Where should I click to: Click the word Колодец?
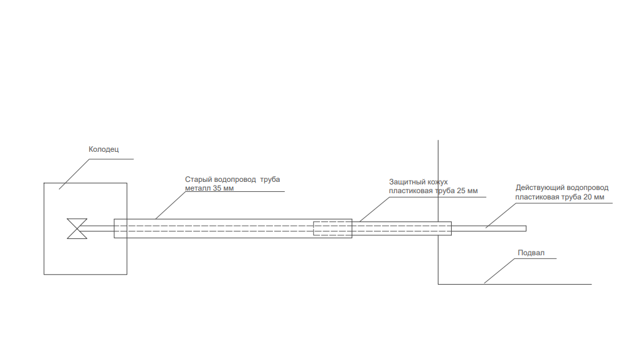point(104,149)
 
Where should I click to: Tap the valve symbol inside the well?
point(77,228)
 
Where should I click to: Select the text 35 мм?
point(223,188)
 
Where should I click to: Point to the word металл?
point(198,188)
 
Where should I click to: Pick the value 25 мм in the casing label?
point(467,191)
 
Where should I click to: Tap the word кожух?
point(437,183)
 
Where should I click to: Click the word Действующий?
point(540,188)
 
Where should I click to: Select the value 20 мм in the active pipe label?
point(594,197)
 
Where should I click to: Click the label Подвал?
point(531,253)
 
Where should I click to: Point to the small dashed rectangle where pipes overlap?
point(333,228)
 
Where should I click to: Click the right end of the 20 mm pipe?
point(526,228)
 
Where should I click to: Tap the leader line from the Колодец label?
point(74,174)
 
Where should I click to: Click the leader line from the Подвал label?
point(499,271)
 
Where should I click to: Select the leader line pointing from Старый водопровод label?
point(171,205)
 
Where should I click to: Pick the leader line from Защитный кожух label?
point(375,209)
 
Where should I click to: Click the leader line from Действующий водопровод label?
point(501,215)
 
